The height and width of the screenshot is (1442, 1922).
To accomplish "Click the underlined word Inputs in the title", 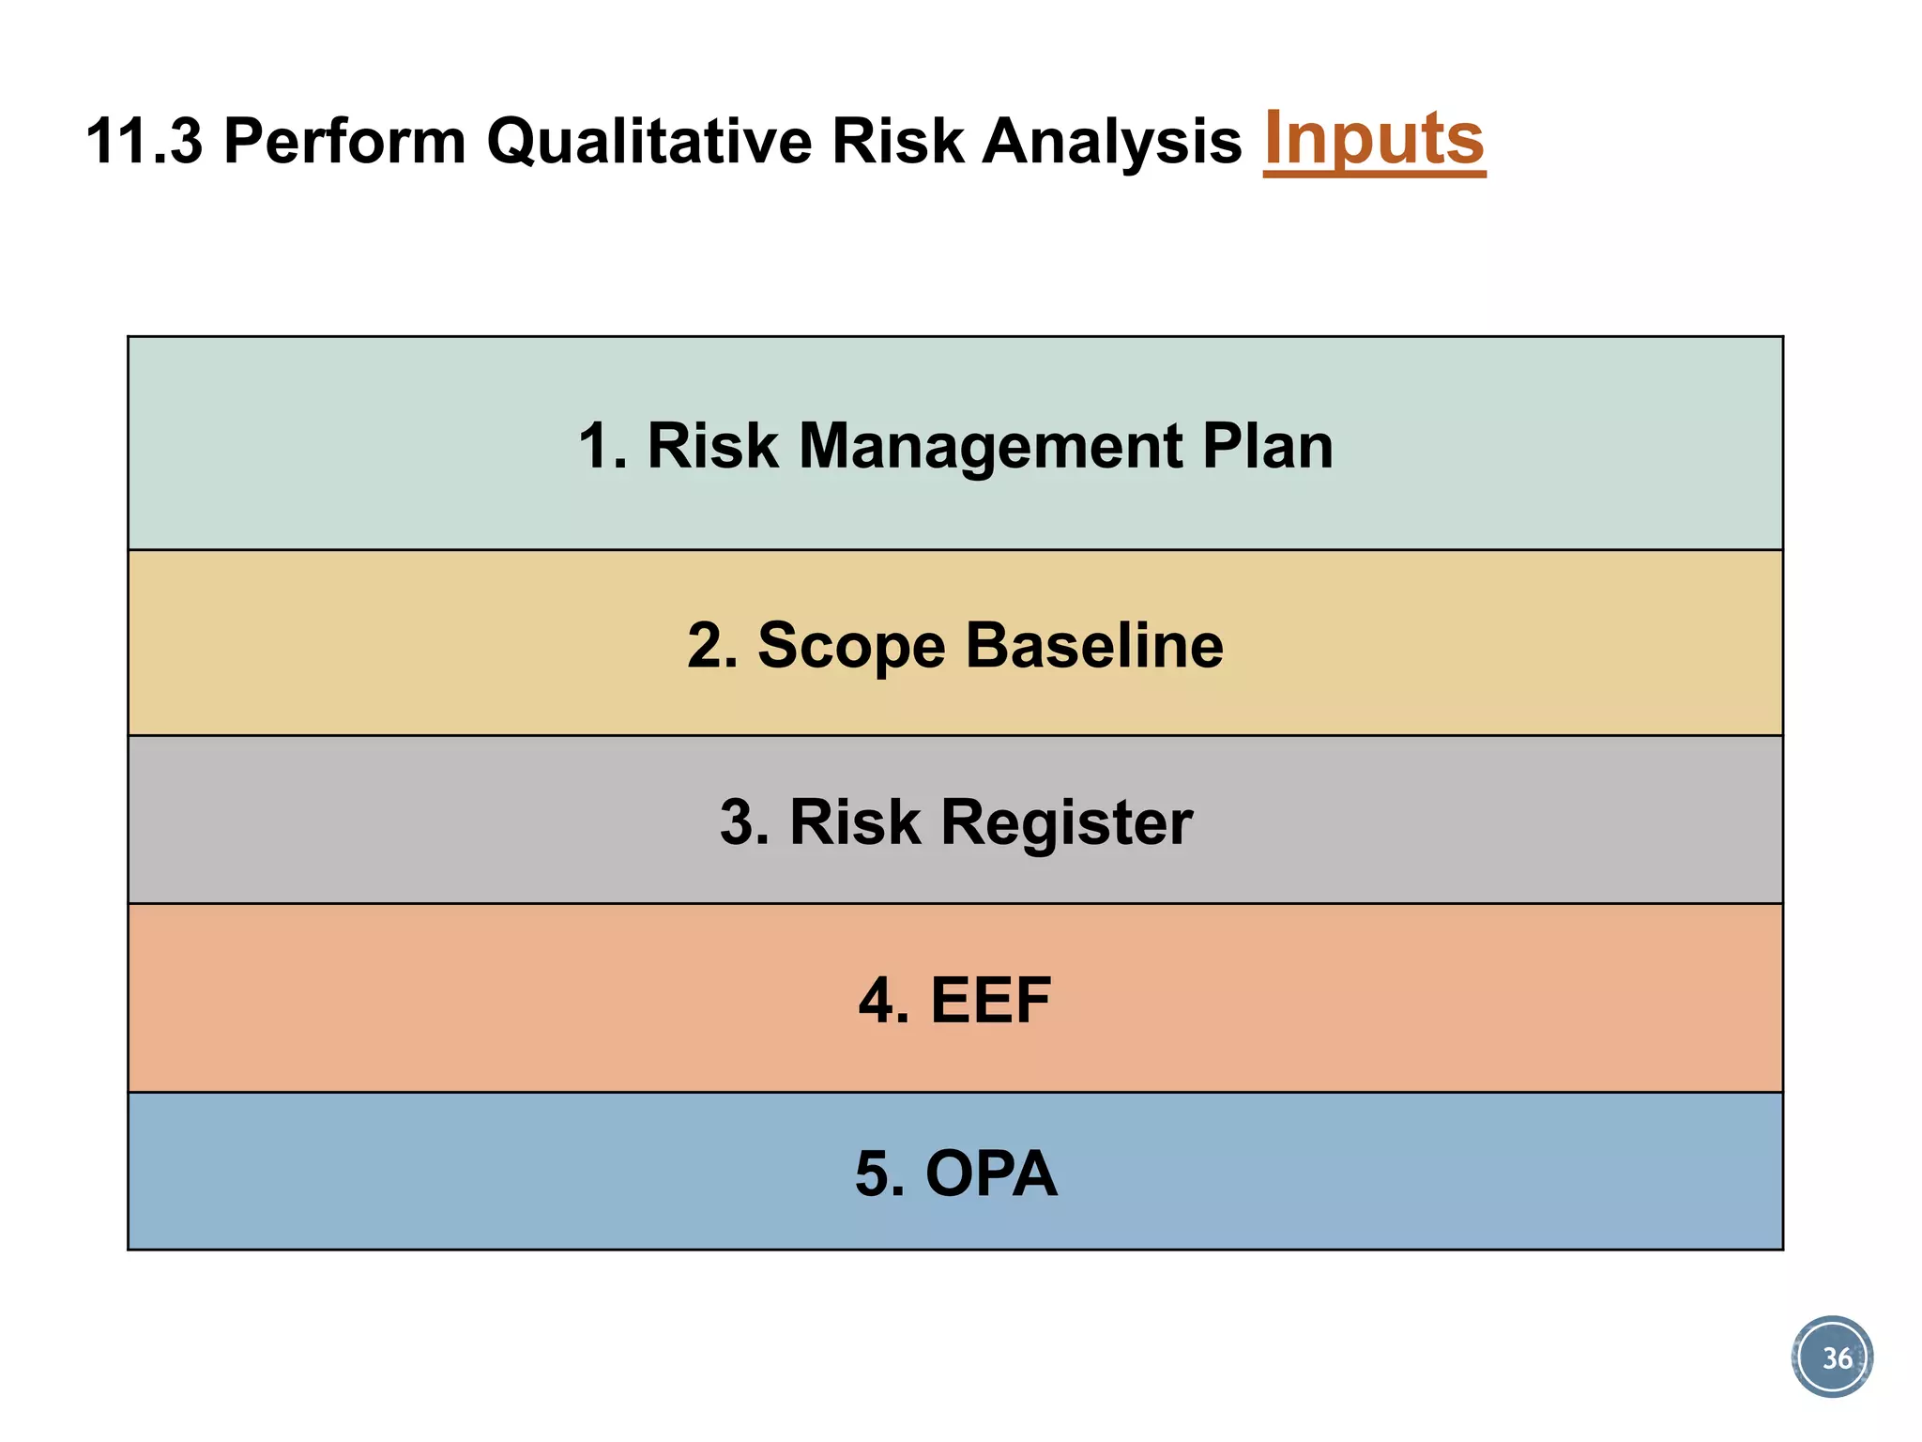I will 1374,139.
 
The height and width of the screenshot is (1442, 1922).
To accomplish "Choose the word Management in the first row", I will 989,446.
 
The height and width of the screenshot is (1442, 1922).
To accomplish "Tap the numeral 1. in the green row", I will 601,446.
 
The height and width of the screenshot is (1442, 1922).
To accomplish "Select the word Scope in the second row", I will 850,647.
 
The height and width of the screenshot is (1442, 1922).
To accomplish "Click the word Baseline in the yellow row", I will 1094,647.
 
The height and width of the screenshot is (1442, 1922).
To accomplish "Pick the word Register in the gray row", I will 1066,822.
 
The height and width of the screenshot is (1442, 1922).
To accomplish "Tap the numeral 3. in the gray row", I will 744,822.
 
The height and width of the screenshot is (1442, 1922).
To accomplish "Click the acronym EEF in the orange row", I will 990,1001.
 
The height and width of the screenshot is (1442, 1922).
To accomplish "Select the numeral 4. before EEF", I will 882,1001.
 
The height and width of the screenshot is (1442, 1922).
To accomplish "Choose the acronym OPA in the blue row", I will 991,1174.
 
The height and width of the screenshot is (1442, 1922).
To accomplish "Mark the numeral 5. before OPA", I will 879,1174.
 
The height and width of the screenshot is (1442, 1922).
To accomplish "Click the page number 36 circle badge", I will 1832,1358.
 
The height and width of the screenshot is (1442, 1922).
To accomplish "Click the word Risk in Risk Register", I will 855,822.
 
